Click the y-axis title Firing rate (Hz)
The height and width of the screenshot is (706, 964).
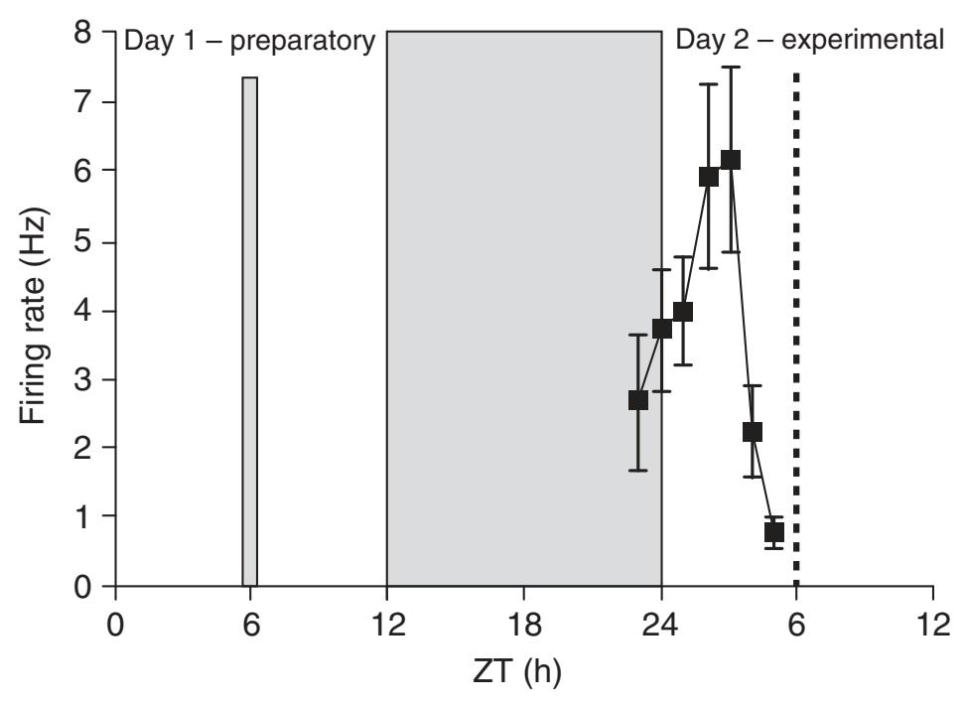[x=38, y=310]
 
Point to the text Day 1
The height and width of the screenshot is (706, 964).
[x=153, y=43]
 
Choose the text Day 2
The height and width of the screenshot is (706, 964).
[x=704, y=42]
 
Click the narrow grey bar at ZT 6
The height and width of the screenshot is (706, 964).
[x=250, y=331]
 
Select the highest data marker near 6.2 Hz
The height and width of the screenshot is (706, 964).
[x=731, y=160]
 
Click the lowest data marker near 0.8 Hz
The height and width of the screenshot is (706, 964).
[x=774, y=532]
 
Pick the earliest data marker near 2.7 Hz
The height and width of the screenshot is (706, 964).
[x=638, y=400]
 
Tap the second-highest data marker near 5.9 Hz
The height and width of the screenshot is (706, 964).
[x=709, y=177]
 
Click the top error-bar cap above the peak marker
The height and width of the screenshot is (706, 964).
[x=731, y=68]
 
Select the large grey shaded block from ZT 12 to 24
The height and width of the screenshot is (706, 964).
[x=524, y=308]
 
